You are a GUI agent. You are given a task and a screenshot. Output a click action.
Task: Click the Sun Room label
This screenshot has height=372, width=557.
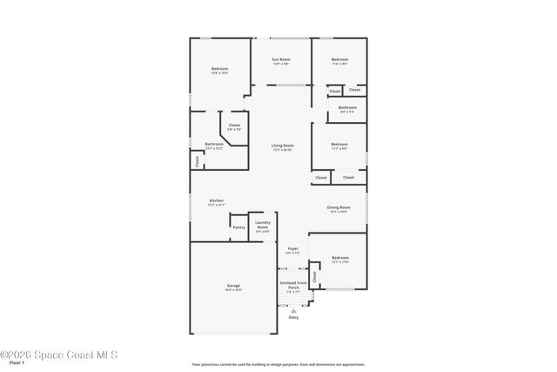coord(280,59)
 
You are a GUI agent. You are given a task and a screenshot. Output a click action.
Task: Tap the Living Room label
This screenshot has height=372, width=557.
coord(282,145)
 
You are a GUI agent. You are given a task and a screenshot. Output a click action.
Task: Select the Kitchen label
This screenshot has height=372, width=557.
coord(216,201)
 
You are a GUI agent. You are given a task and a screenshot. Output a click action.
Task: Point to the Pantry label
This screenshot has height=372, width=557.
coord(238,227)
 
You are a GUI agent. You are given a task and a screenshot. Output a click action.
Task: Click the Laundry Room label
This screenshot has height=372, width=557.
coord(262,225)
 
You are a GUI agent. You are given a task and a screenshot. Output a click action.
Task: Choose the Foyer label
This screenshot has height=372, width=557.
coord(293,248)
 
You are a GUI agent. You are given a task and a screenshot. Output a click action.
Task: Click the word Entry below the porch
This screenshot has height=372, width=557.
coord(292,317)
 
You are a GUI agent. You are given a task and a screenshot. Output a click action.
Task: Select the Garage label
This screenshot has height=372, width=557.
coord(233,286)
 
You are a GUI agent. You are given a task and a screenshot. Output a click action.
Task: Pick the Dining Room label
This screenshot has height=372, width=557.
coord(338,207)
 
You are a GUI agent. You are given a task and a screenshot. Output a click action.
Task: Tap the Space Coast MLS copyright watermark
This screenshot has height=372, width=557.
coord(58,354)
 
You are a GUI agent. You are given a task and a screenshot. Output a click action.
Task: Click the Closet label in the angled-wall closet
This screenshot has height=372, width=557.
coord(233,125)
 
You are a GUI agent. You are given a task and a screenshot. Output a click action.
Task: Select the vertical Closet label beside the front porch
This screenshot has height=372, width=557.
coord(315,277)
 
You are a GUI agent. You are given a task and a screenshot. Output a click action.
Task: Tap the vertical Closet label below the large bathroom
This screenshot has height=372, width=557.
coord(198,161)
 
